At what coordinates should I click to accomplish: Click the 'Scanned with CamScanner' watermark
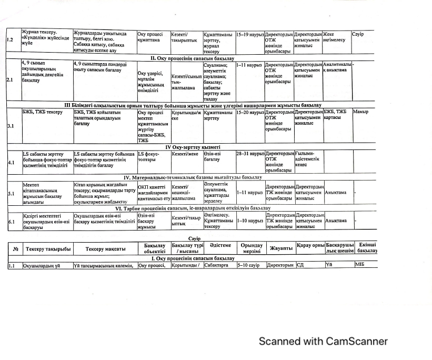click(x=323, y=342)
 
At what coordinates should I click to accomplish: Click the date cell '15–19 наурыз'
click(x=249, y=34)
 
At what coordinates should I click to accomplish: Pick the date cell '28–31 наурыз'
click(x=249, y=154)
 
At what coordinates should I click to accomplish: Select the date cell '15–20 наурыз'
click(x=249, y=112)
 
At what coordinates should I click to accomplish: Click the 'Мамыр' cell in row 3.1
click(x=361, y=112)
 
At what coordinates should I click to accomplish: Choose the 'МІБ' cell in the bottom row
click(x=361, y=265)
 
